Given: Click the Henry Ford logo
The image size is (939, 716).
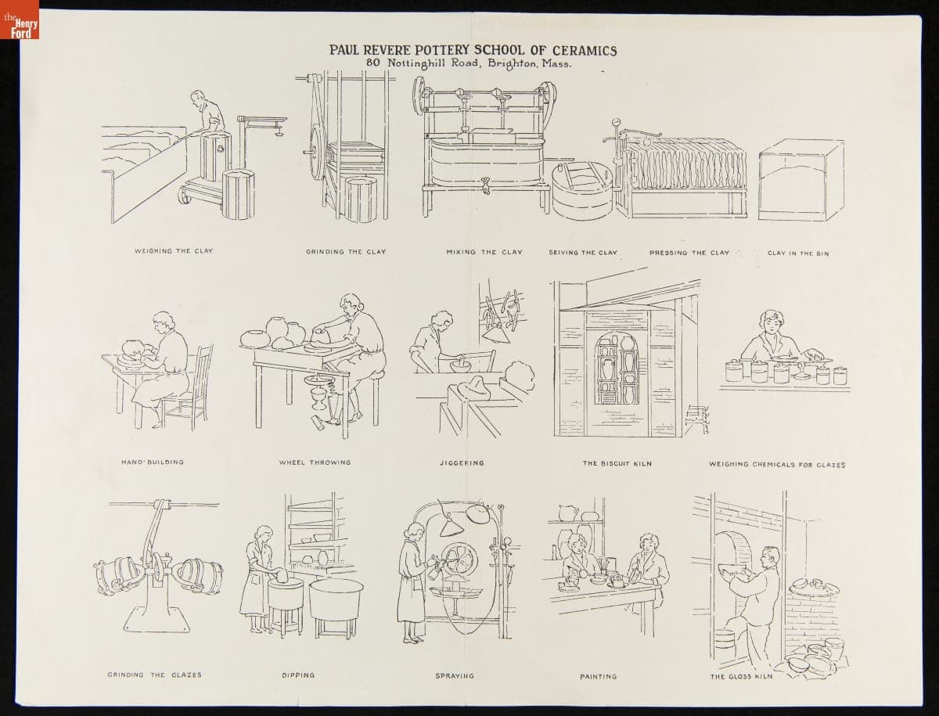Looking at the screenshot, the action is [20, 20].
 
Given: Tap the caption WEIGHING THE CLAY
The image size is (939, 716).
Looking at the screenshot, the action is [174, 251].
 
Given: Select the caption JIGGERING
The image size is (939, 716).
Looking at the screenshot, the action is [462, 462].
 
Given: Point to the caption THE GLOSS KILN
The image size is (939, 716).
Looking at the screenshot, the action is [741, 677].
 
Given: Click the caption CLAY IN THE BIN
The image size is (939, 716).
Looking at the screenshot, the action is [798, 254].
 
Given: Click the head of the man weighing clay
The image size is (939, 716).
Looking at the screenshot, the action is [198, 99].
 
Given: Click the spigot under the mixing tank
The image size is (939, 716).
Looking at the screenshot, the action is [486, 185].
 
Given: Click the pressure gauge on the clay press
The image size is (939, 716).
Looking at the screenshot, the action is [616, 122].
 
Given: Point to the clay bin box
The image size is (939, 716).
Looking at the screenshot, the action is [800, 180].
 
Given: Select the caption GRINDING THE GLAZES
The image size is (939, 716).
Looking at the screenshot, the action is [154, 675].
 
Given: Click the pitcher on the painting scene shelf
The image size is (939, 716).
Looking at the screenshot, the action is [569, 513].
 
